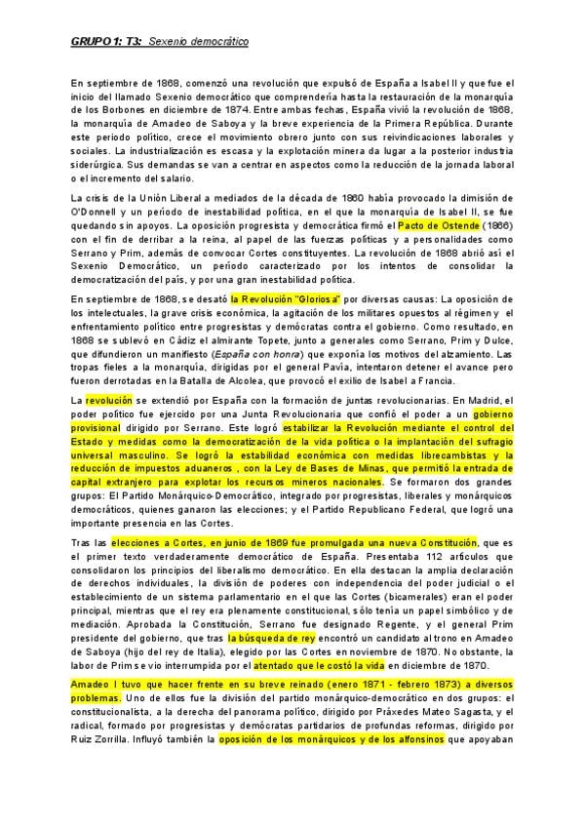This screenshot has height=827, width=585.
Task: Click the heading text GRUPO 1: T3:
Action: (106, 42)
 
